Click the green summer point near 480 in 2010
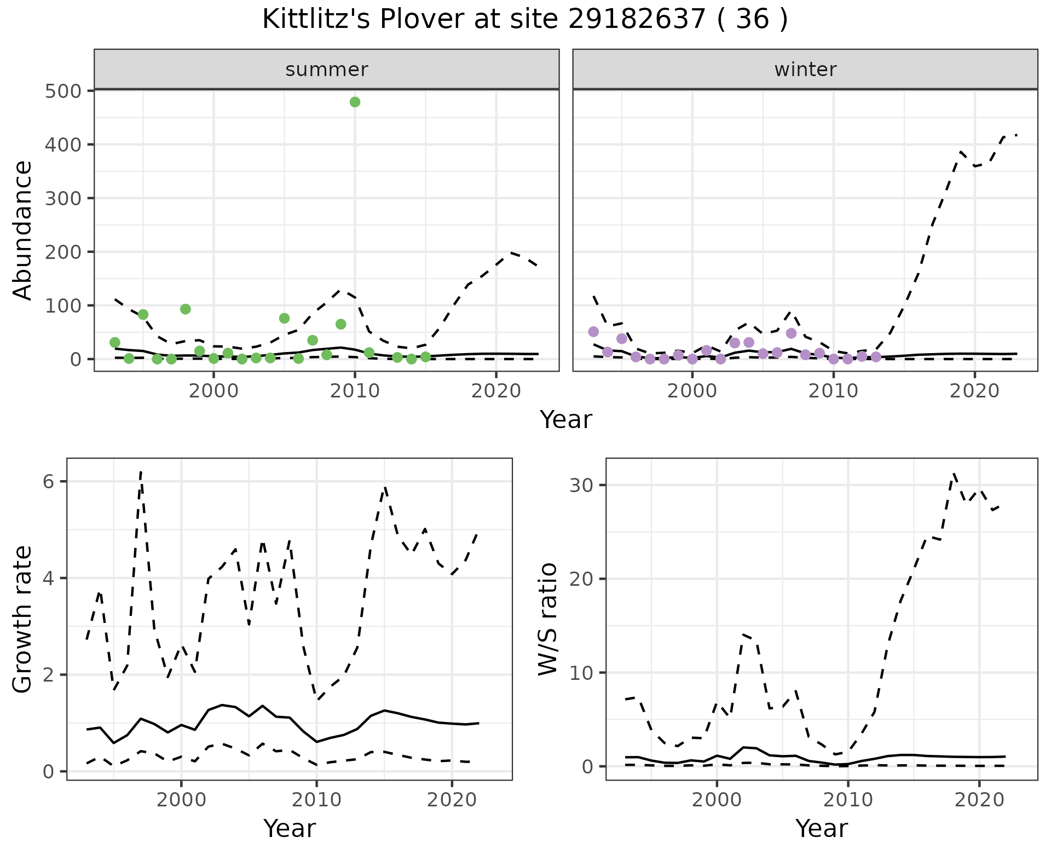click(355, 102)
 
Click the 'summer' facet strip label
click(327, 70)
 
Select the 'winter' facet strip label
click(805, 70)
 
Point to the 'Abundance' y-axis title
click(23, 230)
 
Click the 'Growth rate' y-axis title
click(23, 619)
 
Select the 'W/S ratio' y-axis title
click(548, 619)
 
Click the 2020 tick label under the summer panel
click(496, 391)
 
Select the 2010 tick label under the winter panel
click(833, 391)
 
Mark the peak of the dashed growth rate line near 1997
click(141, 471)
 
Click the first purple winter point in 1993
click(593, 332)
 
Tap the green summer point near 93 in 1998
click(186, 309)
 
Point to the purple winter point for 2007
click(791, 333)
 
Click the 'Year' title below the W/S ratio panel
click(822, 828)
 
